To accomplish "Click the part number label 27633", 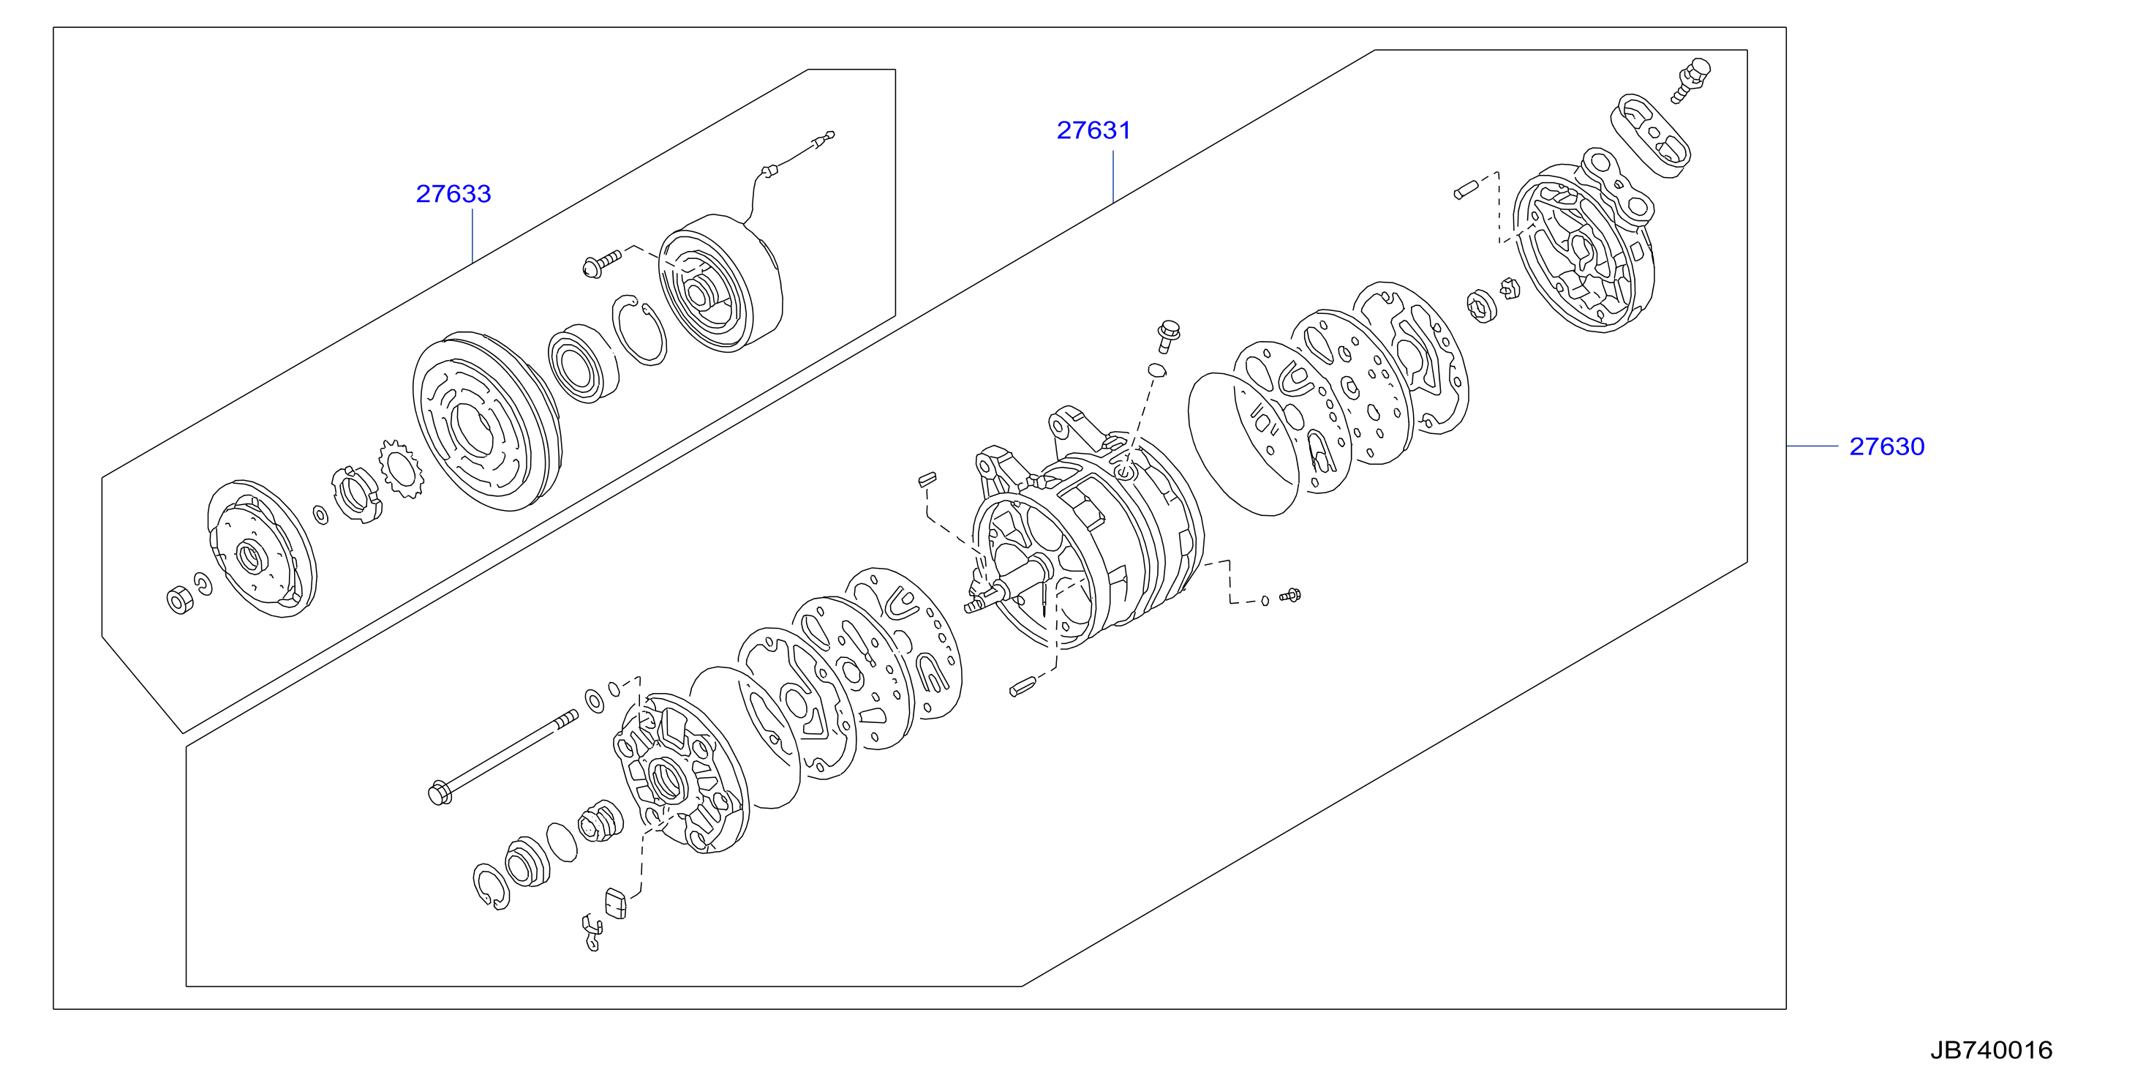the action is pos(453,194).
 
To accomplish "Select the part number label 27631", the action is pos(1093,130).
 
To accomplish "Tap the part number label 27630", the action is pos(1886,447).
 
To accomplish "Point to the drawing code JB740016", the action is pos(1991,1050).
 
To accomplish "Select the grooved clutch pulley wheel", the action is pos(486,422).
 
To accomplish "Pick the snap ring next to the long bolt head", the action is pos(492,887).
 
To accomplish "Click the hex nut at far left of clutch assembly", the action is pos(179,599).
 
